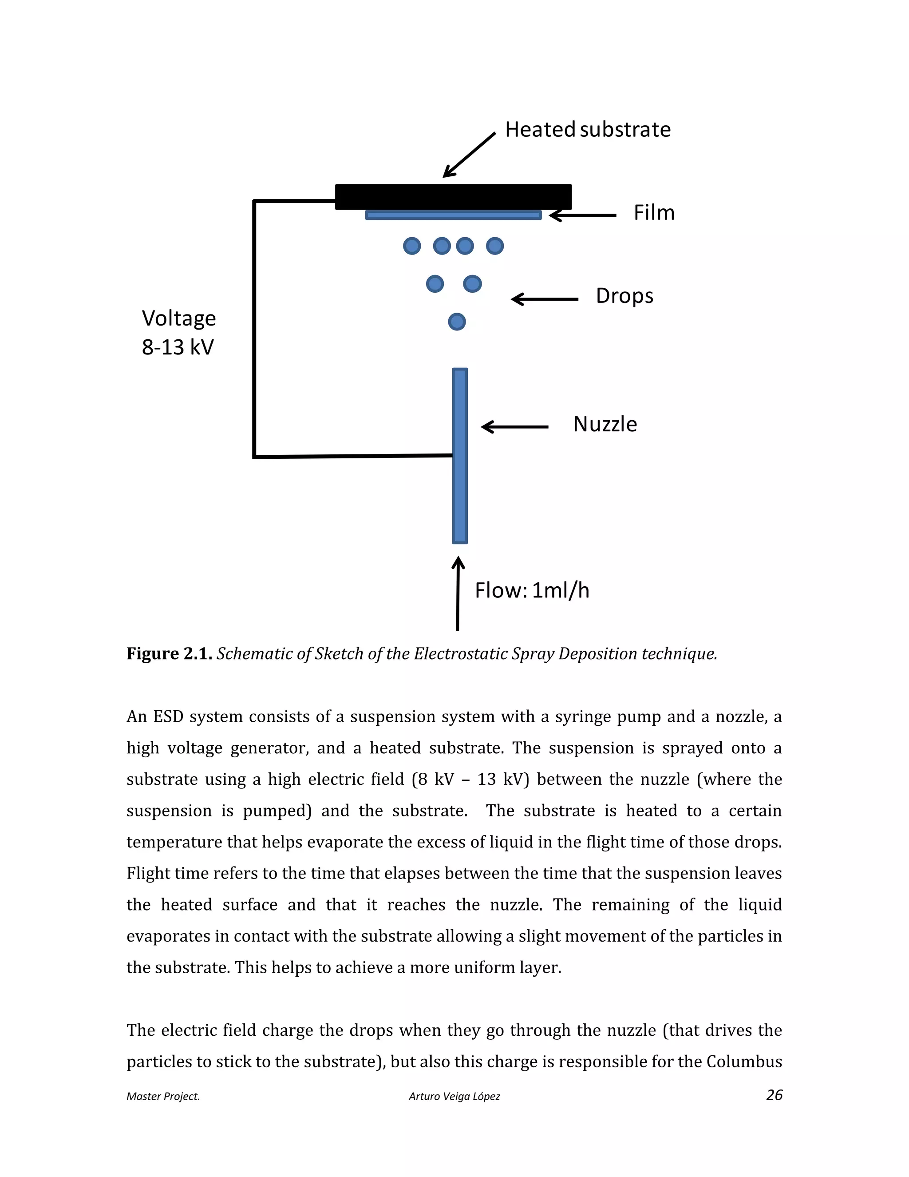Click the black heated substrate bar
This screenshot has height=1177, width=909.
click(x=453, y=197)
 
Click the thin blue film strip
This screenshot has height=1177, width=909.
click(x=453, y=215)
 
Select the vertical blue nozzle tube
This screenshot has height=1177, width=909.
click(x=459, y=455)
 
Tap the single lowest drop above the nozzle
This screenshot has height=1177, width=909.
click(x=457, y=322)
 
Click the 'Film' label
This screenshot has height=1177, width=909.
click(x=654, y=213)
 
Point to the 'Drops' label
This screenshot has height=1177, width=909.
click(x=624, y=296)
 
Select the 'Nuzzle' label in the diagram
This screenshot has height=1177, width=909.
click(x=605, y=425)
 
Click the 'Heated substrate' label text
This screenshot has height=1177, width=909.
click(x=588, y=130)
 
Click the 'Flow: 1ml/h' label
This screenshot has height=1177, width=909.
click(x=531, y=591)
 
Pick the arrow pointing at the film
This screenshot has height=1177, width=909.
click(x=583, y=215)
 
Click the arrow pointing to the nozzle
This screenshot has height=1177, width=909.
click(x=514, y=427)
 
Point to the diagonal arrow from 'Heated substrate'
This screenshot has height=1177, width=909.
click(x=469, y=155)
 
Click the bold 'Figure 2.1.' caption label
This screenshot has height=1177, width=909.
click(x=169, y=654)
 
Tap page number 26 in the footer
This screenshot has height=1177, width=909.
click(x=774, y=1095)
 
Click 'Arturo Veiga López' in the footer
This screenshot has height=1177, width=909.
click(x=454, y=1096)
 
